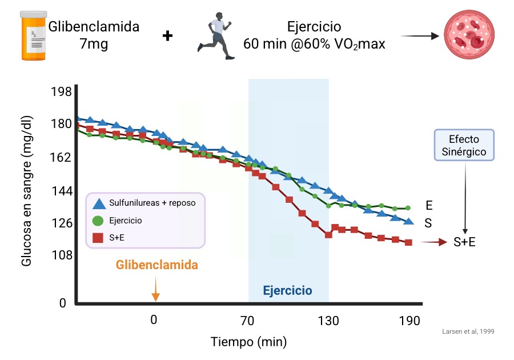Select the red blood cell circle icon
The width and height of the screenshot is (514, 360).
point(469,35)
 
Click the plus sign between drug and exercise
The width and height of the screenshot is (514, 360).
point(167,36)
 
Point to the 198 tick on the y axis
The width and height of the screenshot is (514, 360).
point(61,92)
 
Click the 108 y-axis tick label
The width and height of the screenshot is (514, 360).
point(61,255)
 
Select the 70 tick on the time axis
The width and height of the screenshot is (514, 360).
point(247,321)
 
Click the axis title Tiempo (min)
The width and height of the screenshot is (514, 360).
point(249,342)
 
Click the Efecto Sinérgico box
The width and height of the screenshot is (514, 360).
point(464,146)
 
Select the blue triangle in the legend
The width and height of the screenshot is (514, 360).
point(98,203)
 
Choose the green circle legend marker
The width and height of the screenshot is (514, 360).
point(98,221)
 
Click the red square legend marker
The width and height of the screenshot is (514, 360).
point(98,238)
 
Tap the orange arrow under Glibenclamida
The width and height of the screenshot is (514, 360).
point(155,289)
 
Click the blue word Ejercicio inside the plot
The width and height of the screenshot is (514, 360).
point(287,291)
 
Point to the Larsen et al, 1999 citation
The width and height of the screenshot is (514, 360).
point(468,331)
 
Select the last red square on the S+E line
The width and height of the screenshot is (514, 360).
point(408,242)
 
